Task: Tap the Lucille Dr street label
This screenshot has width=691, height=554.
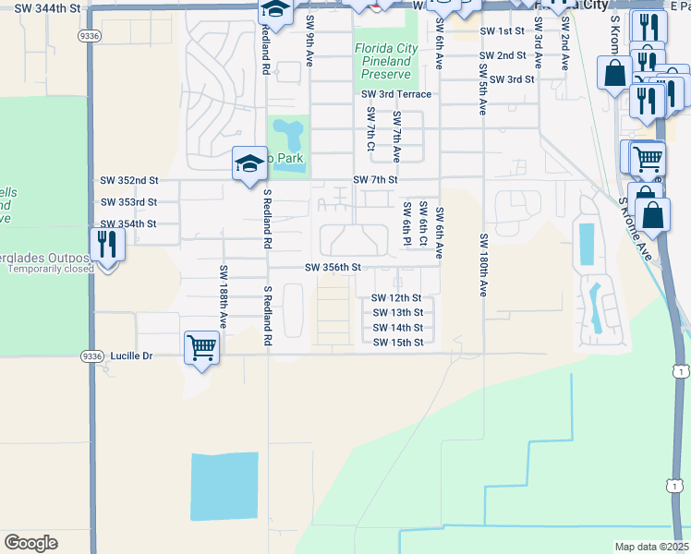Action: click(x=130, y=355)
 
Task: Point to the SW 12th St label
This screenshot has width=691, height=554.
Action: click(x=396, y=298)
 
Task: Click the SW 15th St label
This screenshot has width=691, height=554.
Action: click(x=398, y=343)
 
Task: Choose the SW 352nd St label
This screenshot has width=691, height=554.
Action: click(x=128, y=180)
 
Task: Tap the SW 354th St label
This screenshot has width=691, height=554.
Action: click(x=127, y=224)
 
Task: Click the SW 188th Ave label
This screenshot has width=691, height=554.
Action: click(x=224, y=295)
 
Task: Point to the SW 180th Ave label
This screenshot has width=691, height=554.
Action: click(x=483, y=265)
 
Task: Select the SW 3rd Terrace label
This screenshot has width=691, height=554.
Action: click(x=396, y=94)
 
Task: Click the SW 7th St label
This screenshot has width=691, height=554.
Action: click(x=374, y=179)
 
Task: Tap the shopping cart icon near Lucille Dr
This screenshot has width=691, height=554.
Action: click(x=200, y=349)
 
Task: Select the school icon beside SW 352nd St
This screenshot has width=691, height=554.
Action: click(x=249, y=164)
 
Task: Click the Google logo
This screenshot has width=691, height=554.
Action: click(x=30, y=543)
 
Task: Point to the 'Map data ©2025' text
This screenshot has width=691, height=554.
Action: click(x=652, y=547)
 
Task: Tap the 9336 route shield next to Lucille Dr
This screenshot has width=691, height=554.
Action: click(x=91, y=355)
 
